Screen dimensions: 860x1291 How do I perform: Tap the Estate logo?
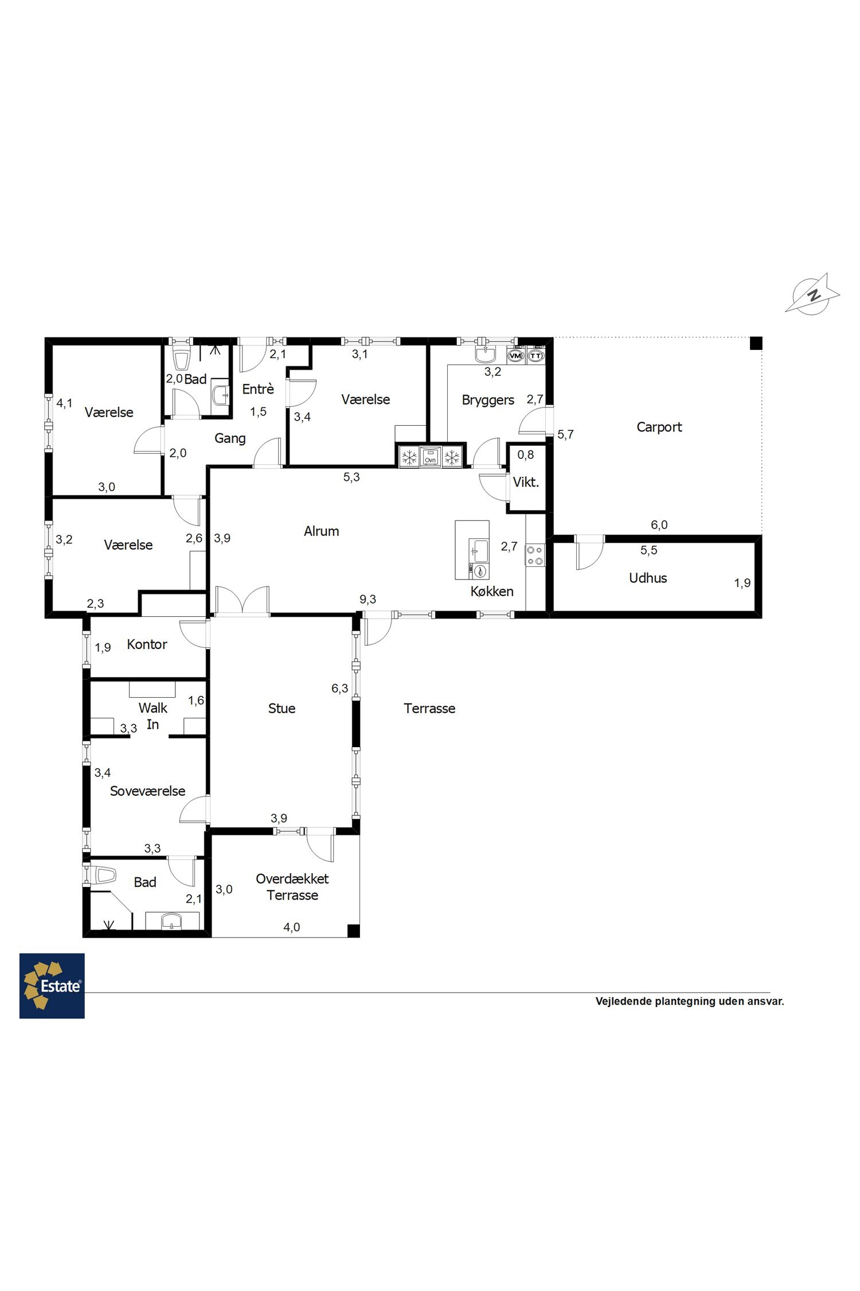pos(52,986)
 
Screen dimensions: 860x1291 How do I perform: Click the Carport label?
pos(659,427)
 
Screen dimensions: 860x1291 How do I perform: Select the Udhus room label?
pos(648,578)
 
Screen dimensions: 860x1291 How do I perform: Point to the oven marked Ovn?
pos(431,457)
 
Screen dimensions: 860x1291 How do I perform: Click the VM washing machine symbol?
pos(516,356)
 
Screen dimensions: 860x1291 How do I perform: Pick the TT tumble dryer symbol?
pos(535,356)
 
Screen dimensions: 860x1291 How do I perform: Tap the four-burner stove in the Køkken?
pos(535,555)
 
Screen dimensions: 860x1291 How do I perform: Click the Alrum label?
pos(321,531)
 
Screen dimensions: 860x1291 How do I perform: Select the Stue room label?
pos(282,708)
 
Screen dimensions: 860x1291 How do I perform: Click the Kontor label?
pos(147,644)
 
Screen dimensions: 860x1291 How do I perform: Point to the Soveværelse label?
pos(147,791)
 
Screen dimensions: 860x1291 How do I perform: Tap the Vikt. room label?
pos(526,482)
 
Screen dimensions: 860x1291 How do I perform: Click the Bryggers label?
pos(488,400)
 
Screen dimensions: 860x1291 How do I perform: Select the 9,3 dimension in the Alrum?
pos(368,599)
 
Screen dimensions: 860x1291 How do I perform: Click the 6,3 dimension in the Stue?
pos(339,688)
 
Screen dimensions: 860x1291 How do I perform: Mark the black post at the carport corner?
pos(756,343)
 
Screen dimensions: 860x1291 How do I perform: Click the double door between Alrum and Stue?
pos(243,601)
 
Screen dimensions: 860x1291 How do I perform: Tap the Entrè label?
pos(258,389)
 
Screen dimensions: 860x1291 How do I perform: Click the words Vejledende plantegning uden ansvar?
pos(690,1001)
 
